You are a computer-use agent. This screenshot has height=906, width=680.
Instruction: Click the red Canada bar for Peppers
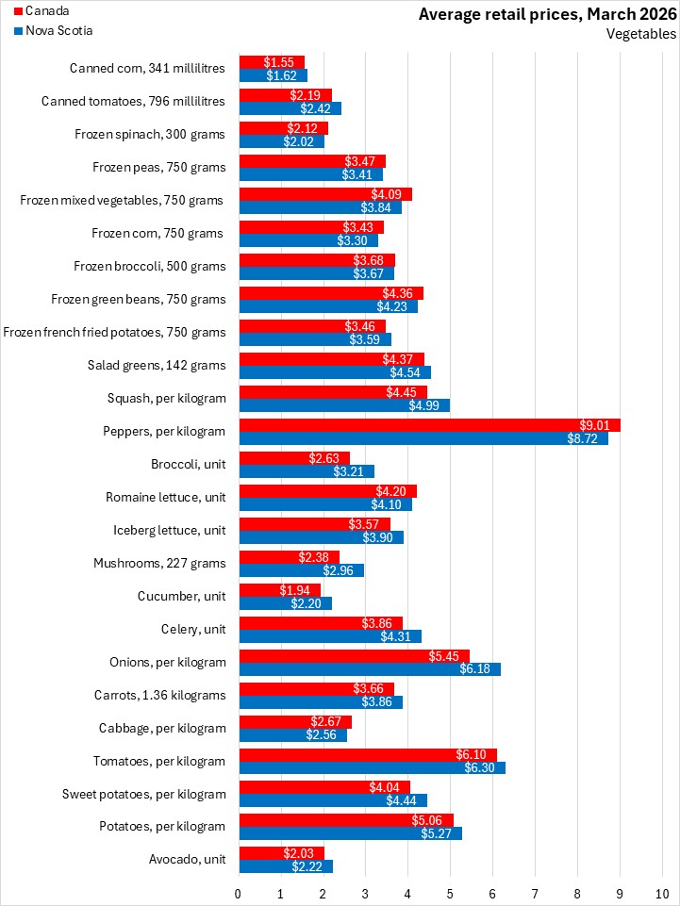(430, 425)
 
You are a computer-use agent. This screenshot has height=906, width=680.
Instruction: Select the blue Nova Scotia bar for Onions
(370, 669)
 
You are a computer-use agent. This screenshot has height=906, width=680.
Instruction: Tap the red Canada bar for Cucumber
(280, 590)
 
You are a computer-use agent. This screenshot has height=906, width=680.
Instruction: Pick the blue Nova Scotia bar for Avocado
(286, 866)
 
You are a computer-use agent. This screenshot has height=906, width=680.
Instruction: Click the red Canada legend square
(17, 11)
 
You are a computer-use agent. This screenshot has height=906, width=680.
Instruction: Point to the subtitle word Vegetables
(640, 34)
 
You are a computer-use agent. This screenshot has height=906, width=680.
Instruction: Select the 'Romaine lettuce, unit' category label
(166, 498)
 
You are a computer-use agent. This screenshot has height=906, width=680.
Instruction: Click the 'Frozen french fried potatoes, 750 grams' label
(114, 332)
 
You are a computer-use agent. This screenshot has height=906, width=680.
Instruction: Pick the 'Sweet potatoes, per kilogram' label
(144, 795)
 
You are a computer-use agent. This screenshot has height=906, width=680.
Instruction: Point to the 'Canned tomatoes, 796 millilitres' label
(134, 101)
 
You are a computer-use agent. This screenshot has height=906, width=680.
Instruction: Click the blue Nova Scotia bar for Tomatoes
(373, 768)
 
